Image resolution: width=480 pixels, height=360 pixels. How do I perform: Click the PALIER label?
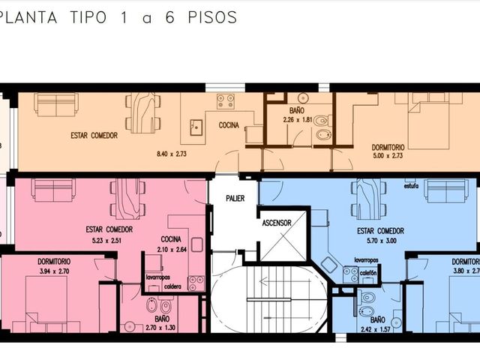[235, 198]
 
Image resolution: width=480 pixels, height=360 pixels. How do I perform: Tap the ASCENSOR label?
[277, 223]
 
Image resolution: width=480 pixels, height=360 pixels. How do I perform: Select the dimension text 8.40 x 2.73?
[172, 154]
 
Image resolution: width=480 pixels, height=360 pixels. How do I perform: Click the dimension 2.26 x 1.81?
[298, 120]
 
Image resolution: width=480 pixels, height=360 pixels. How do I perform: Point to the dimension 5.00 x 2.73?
[388, 155]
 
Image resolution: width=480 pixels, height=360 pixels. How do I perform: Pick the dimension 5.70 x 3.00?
[382, 241]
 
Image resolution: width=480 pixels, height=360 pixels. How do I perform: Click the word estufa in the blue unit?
[412, 186]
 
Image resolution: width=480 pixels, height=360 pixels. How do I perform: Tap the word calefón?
[368, 273]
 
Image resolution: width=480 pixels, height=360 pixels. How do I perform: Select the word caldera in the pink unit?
[172, 286]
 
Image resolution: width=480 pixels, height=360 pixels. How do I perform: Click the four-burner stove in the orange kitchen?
[226, 102]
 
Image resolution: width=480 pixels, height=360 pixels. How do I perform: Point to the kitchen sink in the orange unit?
[196, 127]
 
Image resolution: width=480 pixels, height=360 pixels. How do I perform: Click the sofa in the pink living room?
[53, 190]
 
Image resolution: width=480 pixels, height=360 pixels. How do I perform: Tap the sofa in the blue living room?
[446, 190]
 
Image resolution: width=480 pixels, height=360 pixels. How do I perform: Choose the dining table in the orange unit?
[143, 113]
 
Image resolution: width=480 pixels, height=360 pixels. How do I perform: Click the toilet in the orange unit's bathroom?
[322, 120]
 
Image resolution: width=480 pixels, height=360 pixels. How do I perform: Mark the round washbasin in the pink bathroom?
[130, 327]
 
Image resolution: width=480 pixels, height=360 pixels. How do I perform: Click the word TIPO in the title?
[88, 17]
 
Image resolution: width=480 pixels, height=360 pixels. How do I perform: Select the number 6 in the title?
[170, 17]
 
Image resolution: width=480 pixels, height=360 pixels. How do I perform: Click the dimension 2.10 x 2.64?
[172, 250]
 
